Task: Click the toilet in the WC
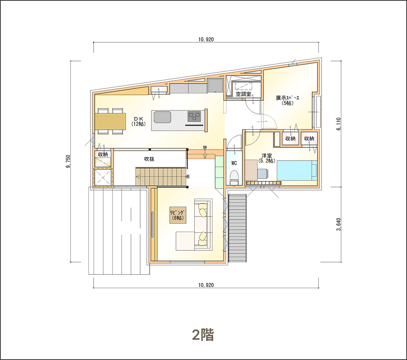[x=234, y=178]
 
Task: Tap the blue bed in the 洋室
[x=297, y=171]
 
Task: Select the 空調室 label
[x=243, y=94]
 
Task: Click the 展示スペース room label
[x=287, y=100]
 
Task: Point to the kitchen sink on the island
[x=162, y=117]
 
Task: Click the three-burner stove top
[x=195, y=117]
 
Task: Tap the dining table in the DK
[x=110, y=121]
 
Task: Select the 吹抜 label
[x=149, y=159]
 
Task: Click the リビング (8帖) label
[x=178, y=215]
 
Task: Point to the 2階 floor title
[x=203, y=335]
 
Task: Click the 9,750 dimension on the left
[x=68, y=161]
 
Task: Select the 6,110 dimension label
[x=339, y=124]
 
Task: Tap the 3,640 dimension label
[x=339, y=224]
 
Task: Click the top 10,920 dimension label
[x=206, y=40]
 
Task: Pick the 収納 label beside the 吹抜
[x=103, y=154]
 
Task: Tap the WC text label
[x=234, y=163]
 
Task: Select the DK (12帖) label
[x=139, y=121]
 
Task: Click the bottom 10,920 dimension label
[x=206, y=285]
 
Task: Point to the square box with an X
[x=103, y=178]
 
